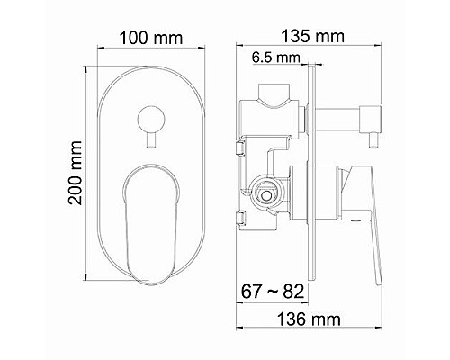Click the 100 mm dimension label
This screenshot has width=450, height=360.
click(x=151, y=39)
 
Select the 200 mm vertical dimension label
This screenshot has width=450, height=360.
click(x=75, y=173)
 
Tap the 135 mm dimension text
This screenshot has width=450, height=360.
click(x=312, y=36)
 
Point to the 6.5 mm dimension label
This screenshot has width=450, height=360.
click(x=275, y=58)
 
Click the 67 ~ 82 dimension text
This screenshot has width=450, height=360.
click(x=273, y=291)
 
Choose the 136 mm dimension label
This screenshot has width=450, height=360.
click(x=309, y=319)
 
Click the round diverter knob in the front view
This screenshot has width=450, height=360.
click(x=151, y=120)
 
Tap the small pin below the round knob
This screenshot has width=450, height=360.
click(x=151, y=140)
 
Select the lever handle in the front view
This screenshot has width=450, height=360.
click(x=151, y=224)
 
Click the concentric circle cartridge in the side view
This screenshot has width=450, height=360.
click(x=265, y=195)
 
